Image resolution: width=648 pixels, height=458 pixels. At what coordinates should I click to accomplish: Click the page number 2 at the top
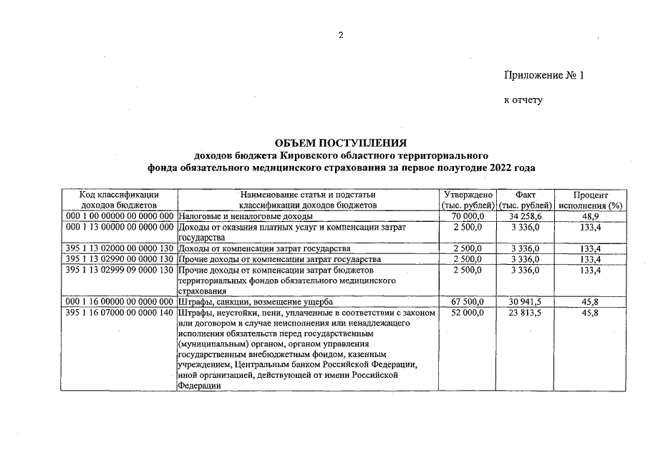[x=341, y=35]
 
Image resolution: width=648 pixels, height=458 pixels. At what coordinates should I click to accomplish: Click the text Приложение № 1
[x=544, y=75]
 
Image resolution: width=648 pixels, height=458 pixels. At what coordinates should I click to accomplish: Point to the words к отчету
[x=523, y=99]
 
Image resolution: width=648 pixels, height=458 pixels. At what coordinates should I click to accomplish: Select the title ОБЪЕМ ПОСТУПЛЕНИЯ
[x=341, y=142]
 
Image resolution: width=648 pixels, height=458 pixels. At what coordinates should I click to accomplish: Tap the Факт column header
[x=525, y=200]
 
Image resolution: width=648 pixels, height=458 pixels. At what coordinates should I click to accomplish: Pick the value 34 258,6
[x=526, y=216]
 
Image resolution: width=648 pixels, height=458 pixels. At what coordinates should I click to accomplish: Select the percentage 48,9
[x=591, y=216]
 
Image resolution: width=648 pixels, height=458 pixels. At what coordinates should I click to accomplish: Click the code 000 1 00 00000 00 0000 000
[x=120, y=216]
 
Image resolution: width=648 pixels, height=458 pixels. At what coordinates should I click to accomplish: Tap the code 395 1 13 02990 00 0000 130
[x=120, y=259]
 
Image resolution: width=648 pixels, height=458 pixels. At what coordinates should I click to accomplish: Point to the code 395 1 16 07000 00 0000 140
[x=120, y=313]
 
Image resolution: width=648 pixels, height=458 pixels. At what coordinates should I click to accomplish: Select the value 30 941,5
[x=526, y=302]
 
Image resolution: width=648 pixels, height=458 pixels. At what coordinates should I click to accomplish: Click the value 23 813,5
[x=526, y=313]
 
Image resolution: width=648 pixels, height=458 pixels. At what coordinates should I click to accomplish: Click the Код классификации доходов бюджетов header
[x=119, y=200]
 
